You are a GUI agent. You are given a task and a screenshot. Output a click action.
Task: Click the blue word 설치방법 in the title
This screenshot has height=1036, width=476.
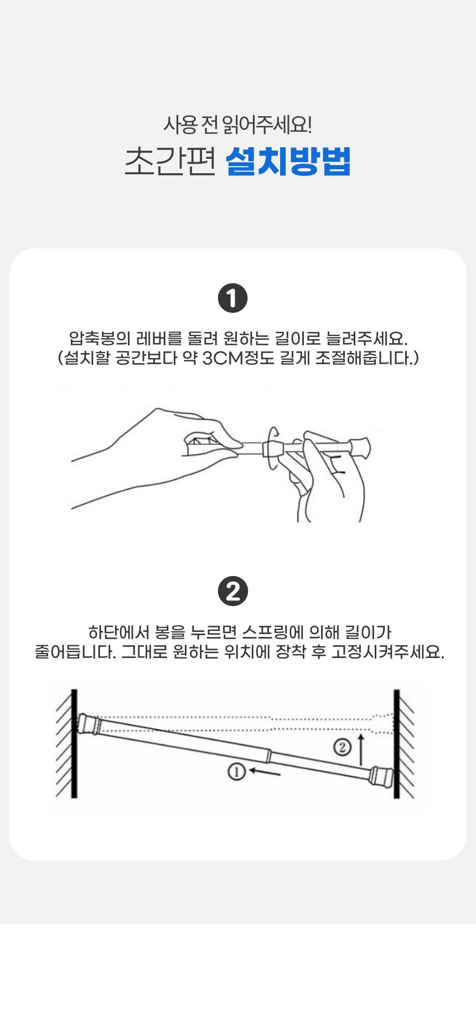(288, 161)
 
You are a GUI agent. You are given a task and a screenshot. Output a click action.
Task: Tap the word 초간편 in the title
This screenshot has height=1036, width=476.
(170, 162)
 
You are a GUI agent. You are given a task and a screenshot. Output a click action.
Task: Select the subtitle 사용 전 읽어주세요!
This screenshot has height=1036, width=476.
(237, 125)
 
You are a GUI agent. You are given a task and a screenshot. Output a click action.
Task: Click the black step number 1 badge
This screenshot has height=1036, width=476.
(233, 298)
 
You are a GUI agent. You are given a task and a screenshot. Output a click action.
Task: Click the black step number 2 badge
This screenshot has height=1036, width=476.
(233, 591)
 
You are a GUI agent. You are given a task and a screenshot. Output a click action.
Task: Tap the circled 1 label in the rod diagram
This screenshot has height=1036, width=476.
(236, 771)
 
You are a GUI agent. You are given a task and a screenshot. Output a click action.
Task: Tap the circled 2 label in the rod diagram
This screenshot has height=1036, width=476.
(342, 747)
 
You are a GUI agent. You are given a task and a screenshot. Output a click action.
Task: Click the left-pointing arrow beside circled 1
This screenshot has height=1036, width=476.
(265, 771)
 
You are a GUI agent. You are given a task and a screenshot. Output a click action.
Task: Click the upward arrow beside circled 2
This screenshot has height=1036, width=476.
(361, 749)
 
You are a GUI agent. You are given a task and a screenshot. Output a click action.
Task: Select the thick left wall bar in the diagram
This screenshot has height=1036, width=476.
(74, 743)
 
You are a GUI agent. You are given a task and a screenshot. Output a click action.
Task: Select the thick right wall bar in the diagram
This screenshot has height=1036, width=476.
(396, 743)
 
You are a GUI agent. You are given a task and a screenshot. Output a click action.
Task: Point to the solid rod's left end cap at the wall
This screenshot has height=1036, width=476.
(88, 723)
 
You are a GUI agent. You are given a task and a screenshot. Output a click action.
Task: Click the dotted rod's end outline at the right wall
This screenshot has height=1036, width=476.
(383, 723)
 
